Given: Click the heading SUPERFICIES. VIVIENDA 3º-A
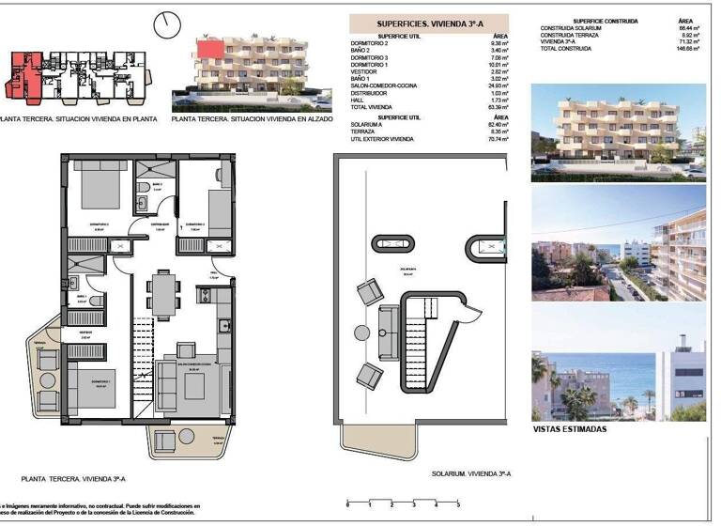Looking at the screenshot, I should (429, 24).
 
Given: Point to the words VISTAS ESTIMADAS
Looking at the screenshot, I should (570, 429).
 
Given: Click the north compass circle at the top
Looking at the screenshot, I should (168, 23).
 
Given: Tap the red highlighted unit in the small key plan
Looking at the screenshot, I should (25, 73).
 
